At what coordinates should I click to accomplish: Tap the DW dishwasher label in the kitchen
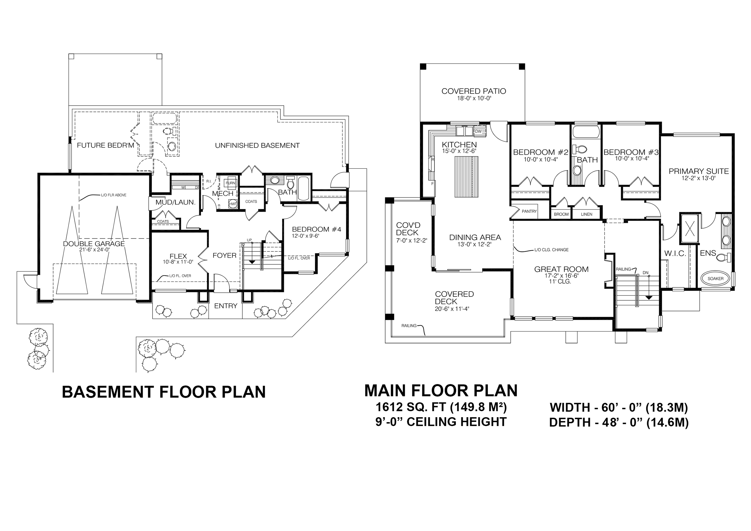point(478,131)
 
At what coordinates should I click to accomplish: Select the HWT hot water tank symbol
point(233,204)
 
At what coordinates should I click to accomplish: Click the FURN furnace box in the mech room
point(231,183)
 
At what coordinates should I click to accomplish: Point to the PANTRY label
point(529,211)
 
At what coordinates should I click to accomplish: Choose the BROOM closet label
point(561,214)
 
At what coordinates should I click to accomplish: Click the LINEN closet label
point(586,214)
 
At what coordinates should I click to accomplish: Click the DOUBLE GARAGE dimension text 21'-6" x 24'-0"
point(94,250)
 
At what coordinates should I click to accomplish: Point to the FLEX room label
point(178,256)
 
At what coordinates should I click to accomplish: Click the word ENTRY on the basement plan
point(226,306)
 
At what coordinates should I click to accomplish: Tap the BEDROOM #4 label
point(317,229)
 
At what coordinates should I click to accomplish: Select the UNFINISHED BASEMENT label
point(257,145)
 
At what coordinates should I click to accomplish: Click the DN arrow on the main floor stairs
point(648,288)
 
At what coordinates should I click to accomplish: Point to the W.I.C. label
point(675,253)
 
